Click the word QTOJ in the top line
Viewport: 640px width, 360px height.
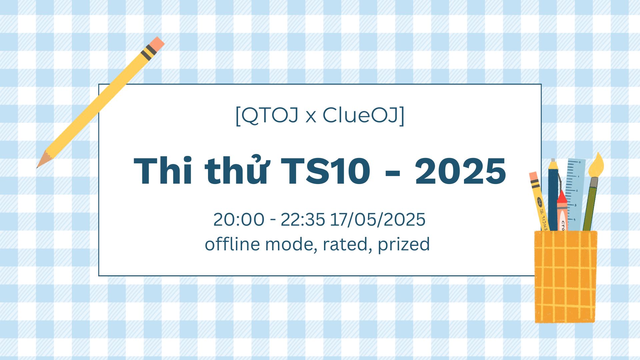coord(269,115)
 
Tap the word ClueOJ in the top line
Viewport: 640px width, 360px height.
coord(360,115)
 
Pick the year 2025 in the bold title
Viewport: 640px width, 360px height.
coord(460,171)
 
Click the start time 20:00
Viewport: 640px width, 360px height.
coord(239,219)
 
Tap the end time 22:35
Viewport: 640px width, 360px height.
coord(303,219)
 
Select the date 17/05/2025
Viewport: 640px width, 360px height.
coord(378,219)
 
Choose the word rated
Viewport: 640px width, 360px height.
coord(347,244)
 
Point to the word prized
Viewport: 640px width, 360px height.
coord(404,244)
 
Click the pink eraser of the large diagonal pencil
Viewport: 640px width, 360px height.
coord(156,43)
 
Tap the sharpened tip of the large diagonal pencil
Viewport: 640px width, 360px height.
coord(38,167)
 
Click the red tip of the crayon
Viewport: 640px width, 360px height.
coord(562,197)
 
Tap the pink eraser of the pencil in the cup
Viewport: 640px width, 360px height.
coord(534,176)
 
